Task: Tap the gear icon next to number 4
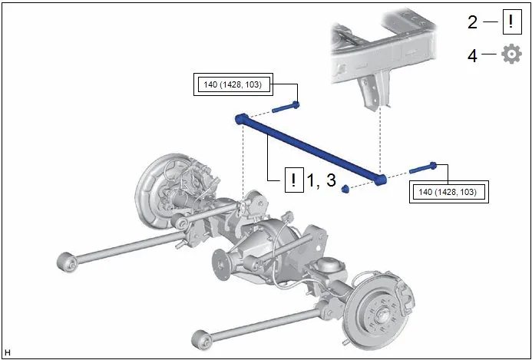(x=511, y=54)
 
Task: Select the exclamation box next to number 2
(x=511, y=22)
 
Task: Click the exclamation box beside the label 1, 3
(x=294, y=180)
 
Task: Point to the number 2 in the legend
(x=472, y=22)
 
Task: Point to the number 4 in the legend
(x=472, y=55)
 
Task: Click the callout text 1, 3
(x=321, y=180)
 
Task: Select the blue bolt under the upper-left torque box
(x=286, y=107)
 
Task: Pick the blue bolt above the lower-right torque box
(x=423, y=167)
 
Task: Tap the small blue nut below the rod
(x=345, y=189)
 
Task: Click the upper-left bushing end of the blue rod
(x=241, y=119)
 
